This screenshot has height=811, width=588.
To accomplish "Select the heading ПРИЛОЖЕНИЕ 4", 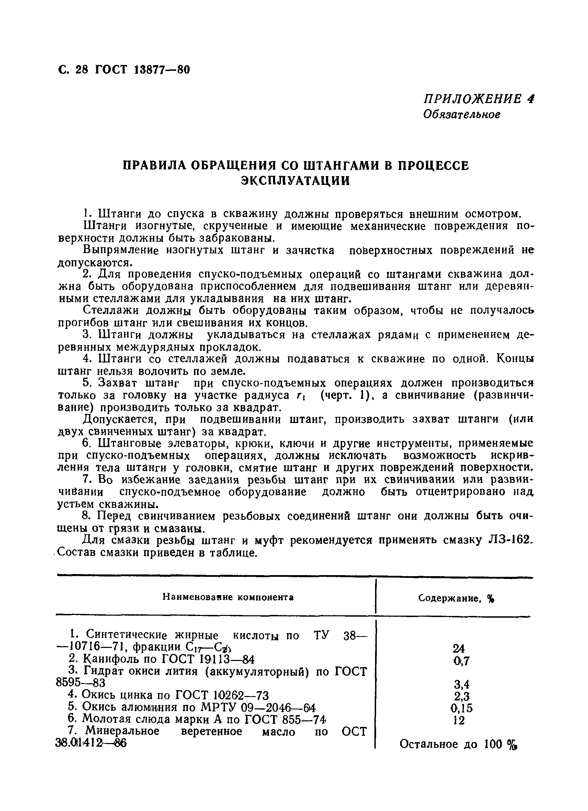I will coord(478,99).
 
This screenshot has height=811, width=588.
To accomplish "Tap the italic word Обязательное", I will coord(462,114).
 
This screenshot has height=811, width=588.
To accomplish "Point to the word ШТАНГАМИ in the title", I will coord(343,165).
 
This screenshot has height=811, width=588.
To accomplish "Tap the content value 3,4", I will coord(461,684).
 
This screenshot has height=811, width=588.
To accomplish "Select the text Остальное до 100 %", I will coord(458,744).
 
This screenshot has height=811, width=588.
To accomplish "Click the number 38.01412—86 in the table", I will coord(92,743).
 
